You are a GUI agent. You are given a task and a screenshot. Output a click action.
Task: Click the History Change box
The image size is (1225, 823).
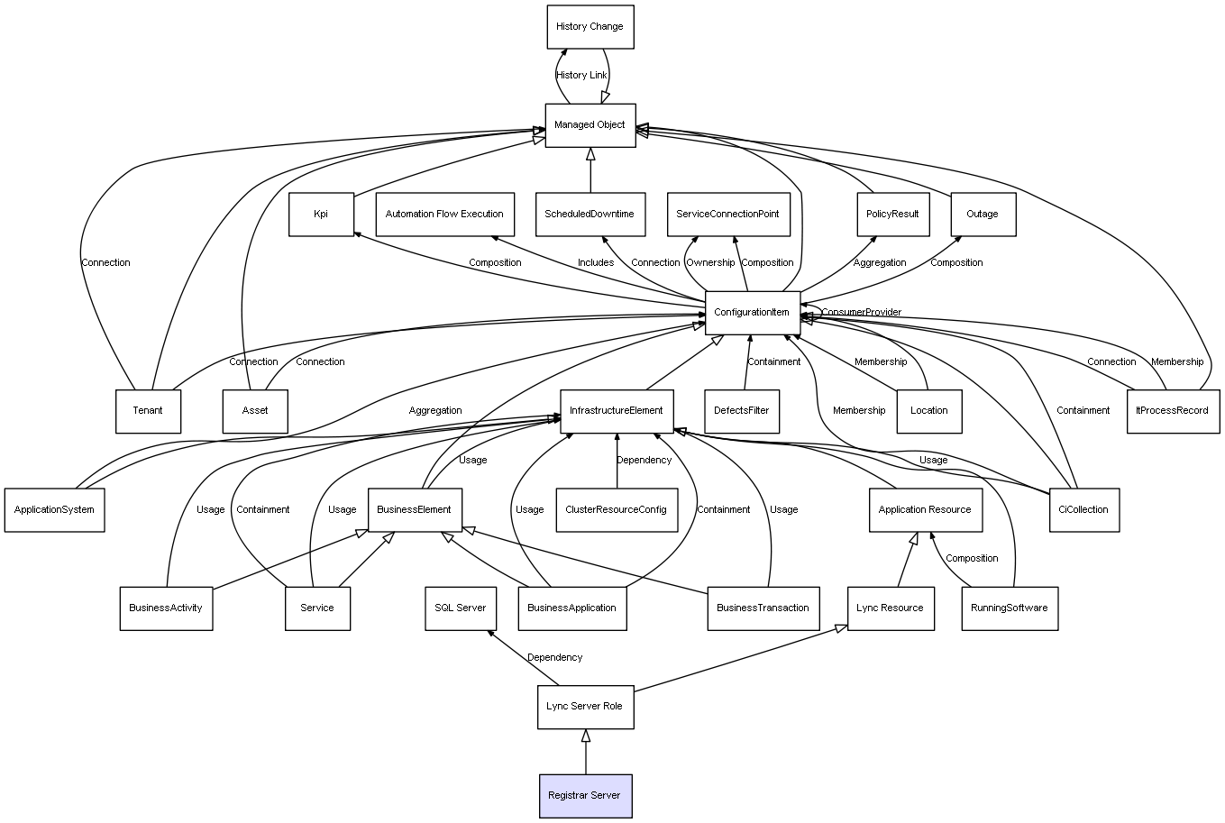[590, 27]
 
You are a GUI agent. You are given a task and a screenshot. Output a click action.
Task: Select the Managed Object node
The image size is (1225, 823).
[590, 125]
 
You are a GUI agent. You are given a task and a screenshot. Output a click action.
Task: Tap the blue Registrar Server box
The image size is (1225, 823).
[585, 796]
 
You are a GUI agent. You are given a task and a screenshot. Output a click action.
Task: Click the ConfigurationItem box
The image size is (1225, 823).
[752, 313]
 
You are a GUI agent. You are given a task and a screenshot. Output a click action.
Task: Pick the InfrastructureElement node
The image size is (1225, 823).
[616, 411]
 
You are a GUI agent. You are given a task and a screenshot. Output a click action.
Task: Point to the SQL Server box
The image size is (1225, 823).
[460, 608]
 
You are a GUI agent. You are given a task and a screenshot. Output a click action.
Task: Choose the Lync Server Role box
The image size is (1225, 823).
[584, 706]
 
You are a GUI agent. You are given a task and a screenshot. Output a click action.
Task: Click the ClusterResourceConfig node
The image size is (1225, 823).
[616, 509]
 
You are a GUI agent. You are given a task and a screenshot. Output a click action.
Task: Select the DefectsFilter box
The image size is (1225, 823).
[741, 411]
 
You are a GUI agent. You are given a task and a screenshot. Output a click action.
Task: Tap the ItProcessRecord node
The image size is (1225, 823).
[1172, 411]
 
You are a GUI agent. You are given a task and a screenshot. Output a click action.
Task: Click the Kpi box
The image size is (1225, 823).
[321, 215]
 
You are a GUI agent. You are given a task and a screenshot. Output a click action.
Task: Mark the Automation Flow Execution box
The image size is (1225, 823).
[444, 215]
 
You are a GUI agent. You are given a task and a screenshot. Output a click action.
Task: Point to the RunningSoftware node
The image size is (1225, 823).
[1009, 608]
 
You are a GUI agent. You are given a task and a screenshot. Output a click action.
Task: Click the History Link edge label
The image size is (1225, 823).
[581, 76]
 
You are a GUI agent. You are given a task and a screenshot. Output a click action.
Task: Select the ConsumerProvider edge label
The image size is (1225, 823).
[861, 313]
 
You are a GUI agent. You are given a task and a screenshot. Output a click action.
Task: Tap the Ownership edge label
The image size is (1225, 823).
[710, 263]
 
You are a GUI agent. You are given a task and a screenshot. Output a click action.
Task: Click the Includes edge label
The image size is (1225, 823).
[596, 263]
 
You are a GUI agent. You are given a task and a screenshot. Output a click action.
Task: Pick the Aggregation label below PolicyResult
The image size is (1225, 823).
[880, 263]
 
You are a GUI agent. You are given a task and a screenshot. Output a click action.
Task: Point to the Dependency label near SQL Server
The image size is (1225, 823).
[554, 658]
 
